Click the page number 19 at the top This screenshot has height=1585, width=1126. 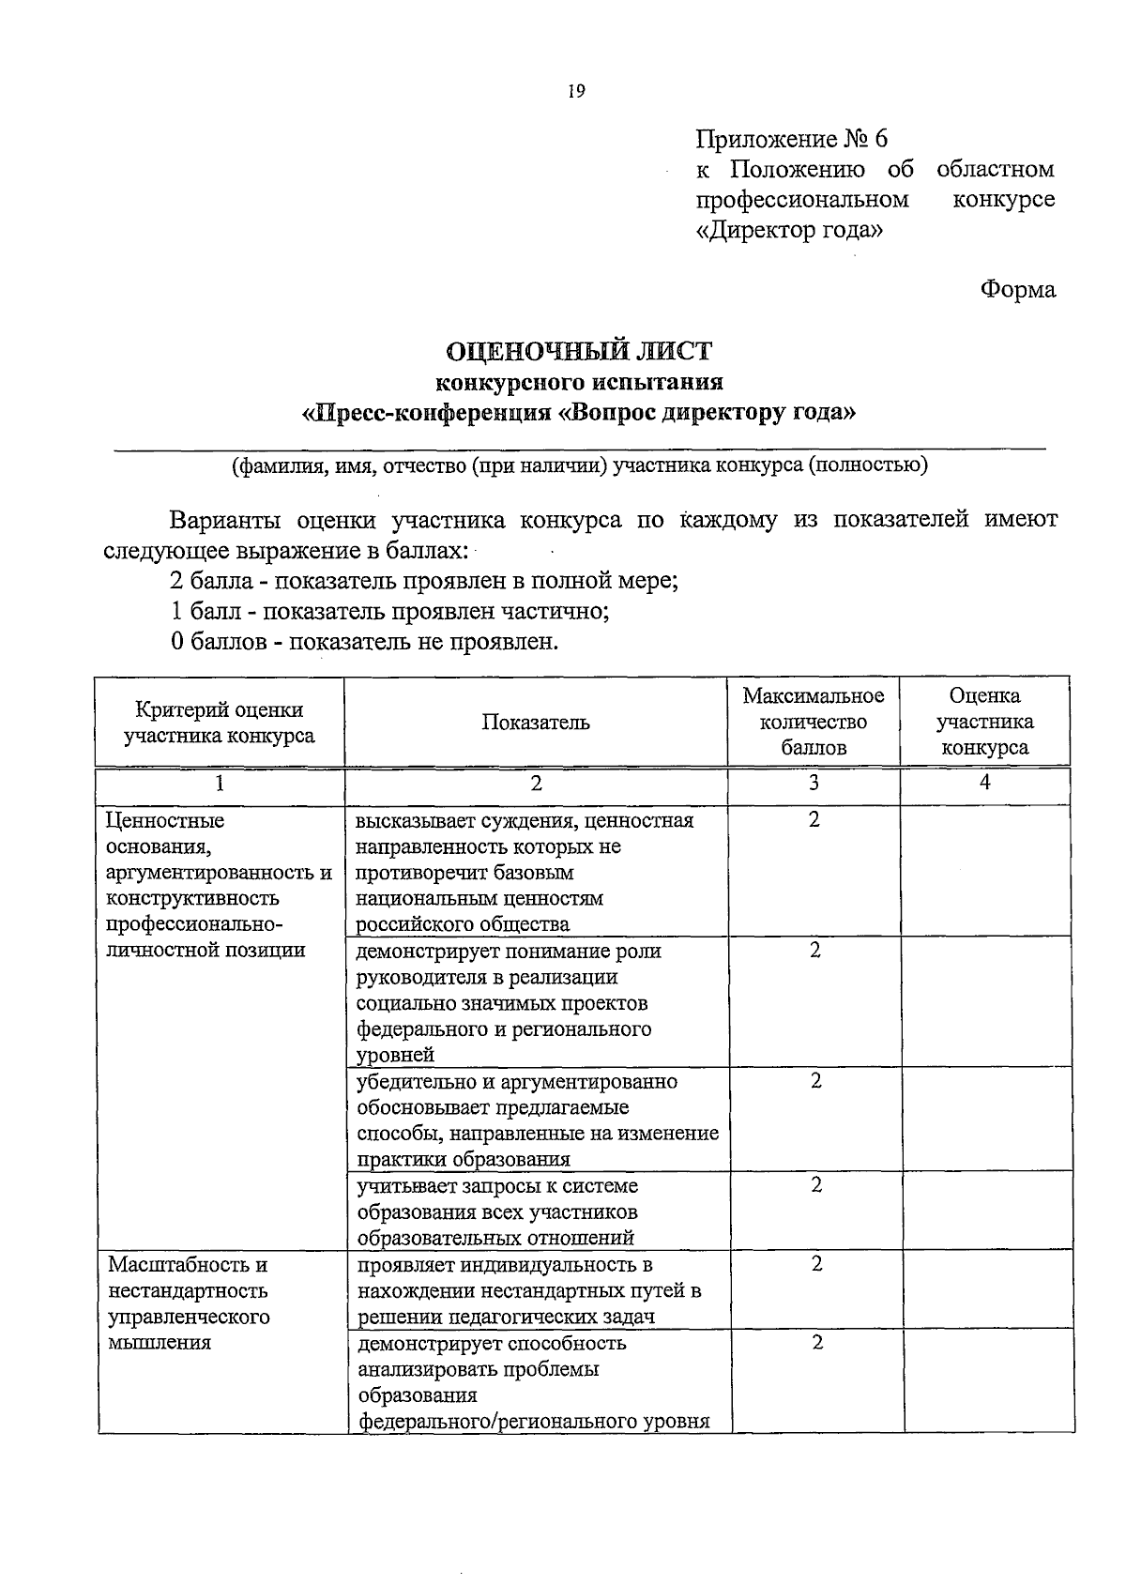coord(575,91)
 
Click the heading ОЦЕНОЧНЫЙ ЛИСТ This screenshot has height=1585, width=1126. coord(579,351)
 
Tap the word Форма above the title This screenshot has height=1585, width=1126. coord(1018,289)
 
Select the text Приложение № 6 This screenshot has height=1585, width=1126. coord(791,140)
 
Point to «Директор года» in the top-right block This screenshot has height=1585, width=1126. coord(789,229)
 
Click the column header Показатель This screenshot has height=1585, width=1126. coord(536,722)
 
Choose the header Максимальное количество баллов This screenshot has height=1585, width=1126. coord(814,722)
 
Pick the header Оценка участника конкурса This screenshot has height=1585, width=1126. coord(984,722)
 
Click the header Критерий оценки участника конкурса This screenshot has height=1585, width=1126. coord(220,723)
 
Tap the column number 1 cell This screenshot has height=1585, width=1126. coord(220,784)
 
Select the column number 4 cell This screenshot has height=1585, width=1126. coord(984,783)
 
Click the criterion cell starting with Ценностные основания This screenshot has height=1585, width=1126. coord(220,885)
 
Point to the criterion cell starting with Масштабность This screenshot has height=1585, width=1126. coord(188,1303)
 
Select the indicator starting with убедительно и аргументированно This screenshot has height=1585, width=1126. coord(537,1120)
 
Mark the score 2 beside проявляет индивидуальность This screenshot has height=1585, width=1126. coord(816,1264)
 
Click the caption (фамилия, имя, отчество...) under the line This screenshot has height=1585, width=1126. coord(580,465)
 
